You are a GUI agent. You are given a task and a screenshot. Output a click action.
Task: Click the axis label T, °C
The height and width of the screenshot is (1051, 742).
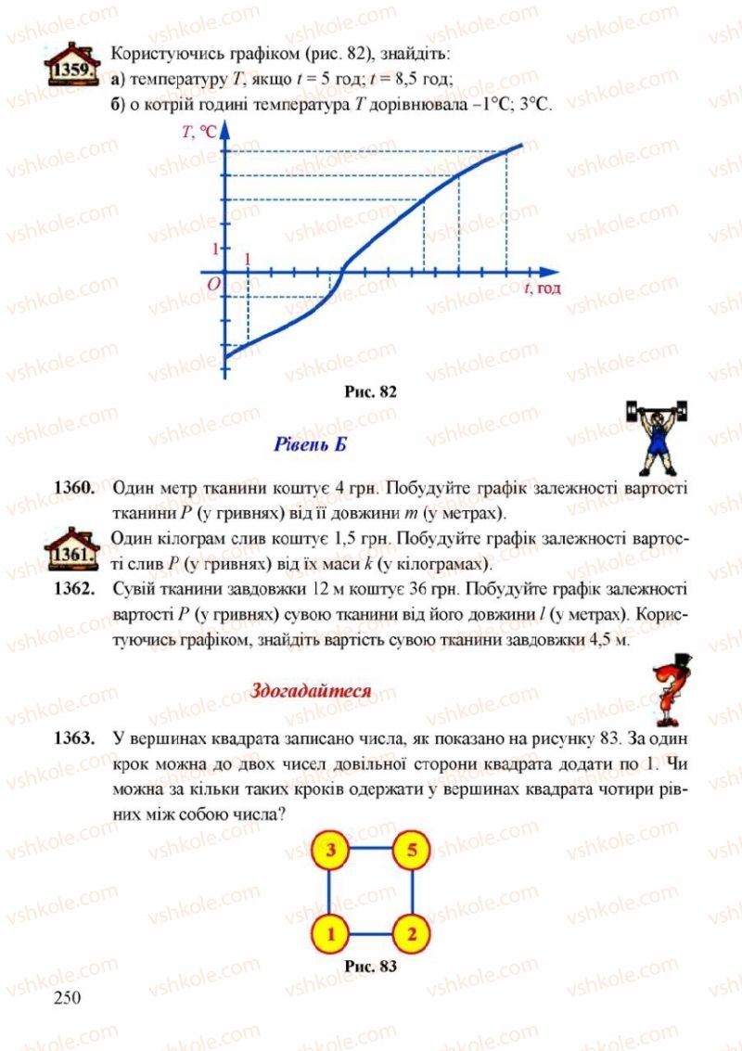click(x=199, y=133)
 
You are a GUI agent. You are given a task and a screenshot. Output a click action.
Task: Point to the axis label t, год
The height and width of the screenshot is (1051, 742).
click(x=543, y=288)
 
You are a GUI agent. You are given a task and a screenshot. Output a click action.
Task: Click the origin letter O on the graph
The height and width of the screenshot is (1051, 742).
click(x=212, y=285)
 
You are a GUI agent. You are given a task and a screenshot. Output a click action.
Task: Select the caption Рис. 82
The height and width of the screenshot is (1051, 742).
click(x=371, y=391)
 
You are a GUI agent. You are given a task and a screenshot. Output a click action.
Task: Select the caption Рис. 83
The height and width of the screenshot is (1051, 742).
click(x=371, y=967)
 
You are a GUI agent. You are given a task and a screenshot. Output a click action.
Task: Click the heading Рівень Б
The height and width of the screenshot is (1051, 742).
click(x=311, y=444)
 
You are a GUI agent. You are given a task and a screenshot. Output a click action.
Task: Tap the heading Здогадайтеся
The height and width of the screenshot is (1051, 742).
click(x=312, y=690)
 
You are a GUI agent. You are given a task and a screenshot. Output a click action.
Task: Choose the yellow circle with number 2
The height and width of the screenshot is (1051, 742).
click(x=412, y=931)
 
